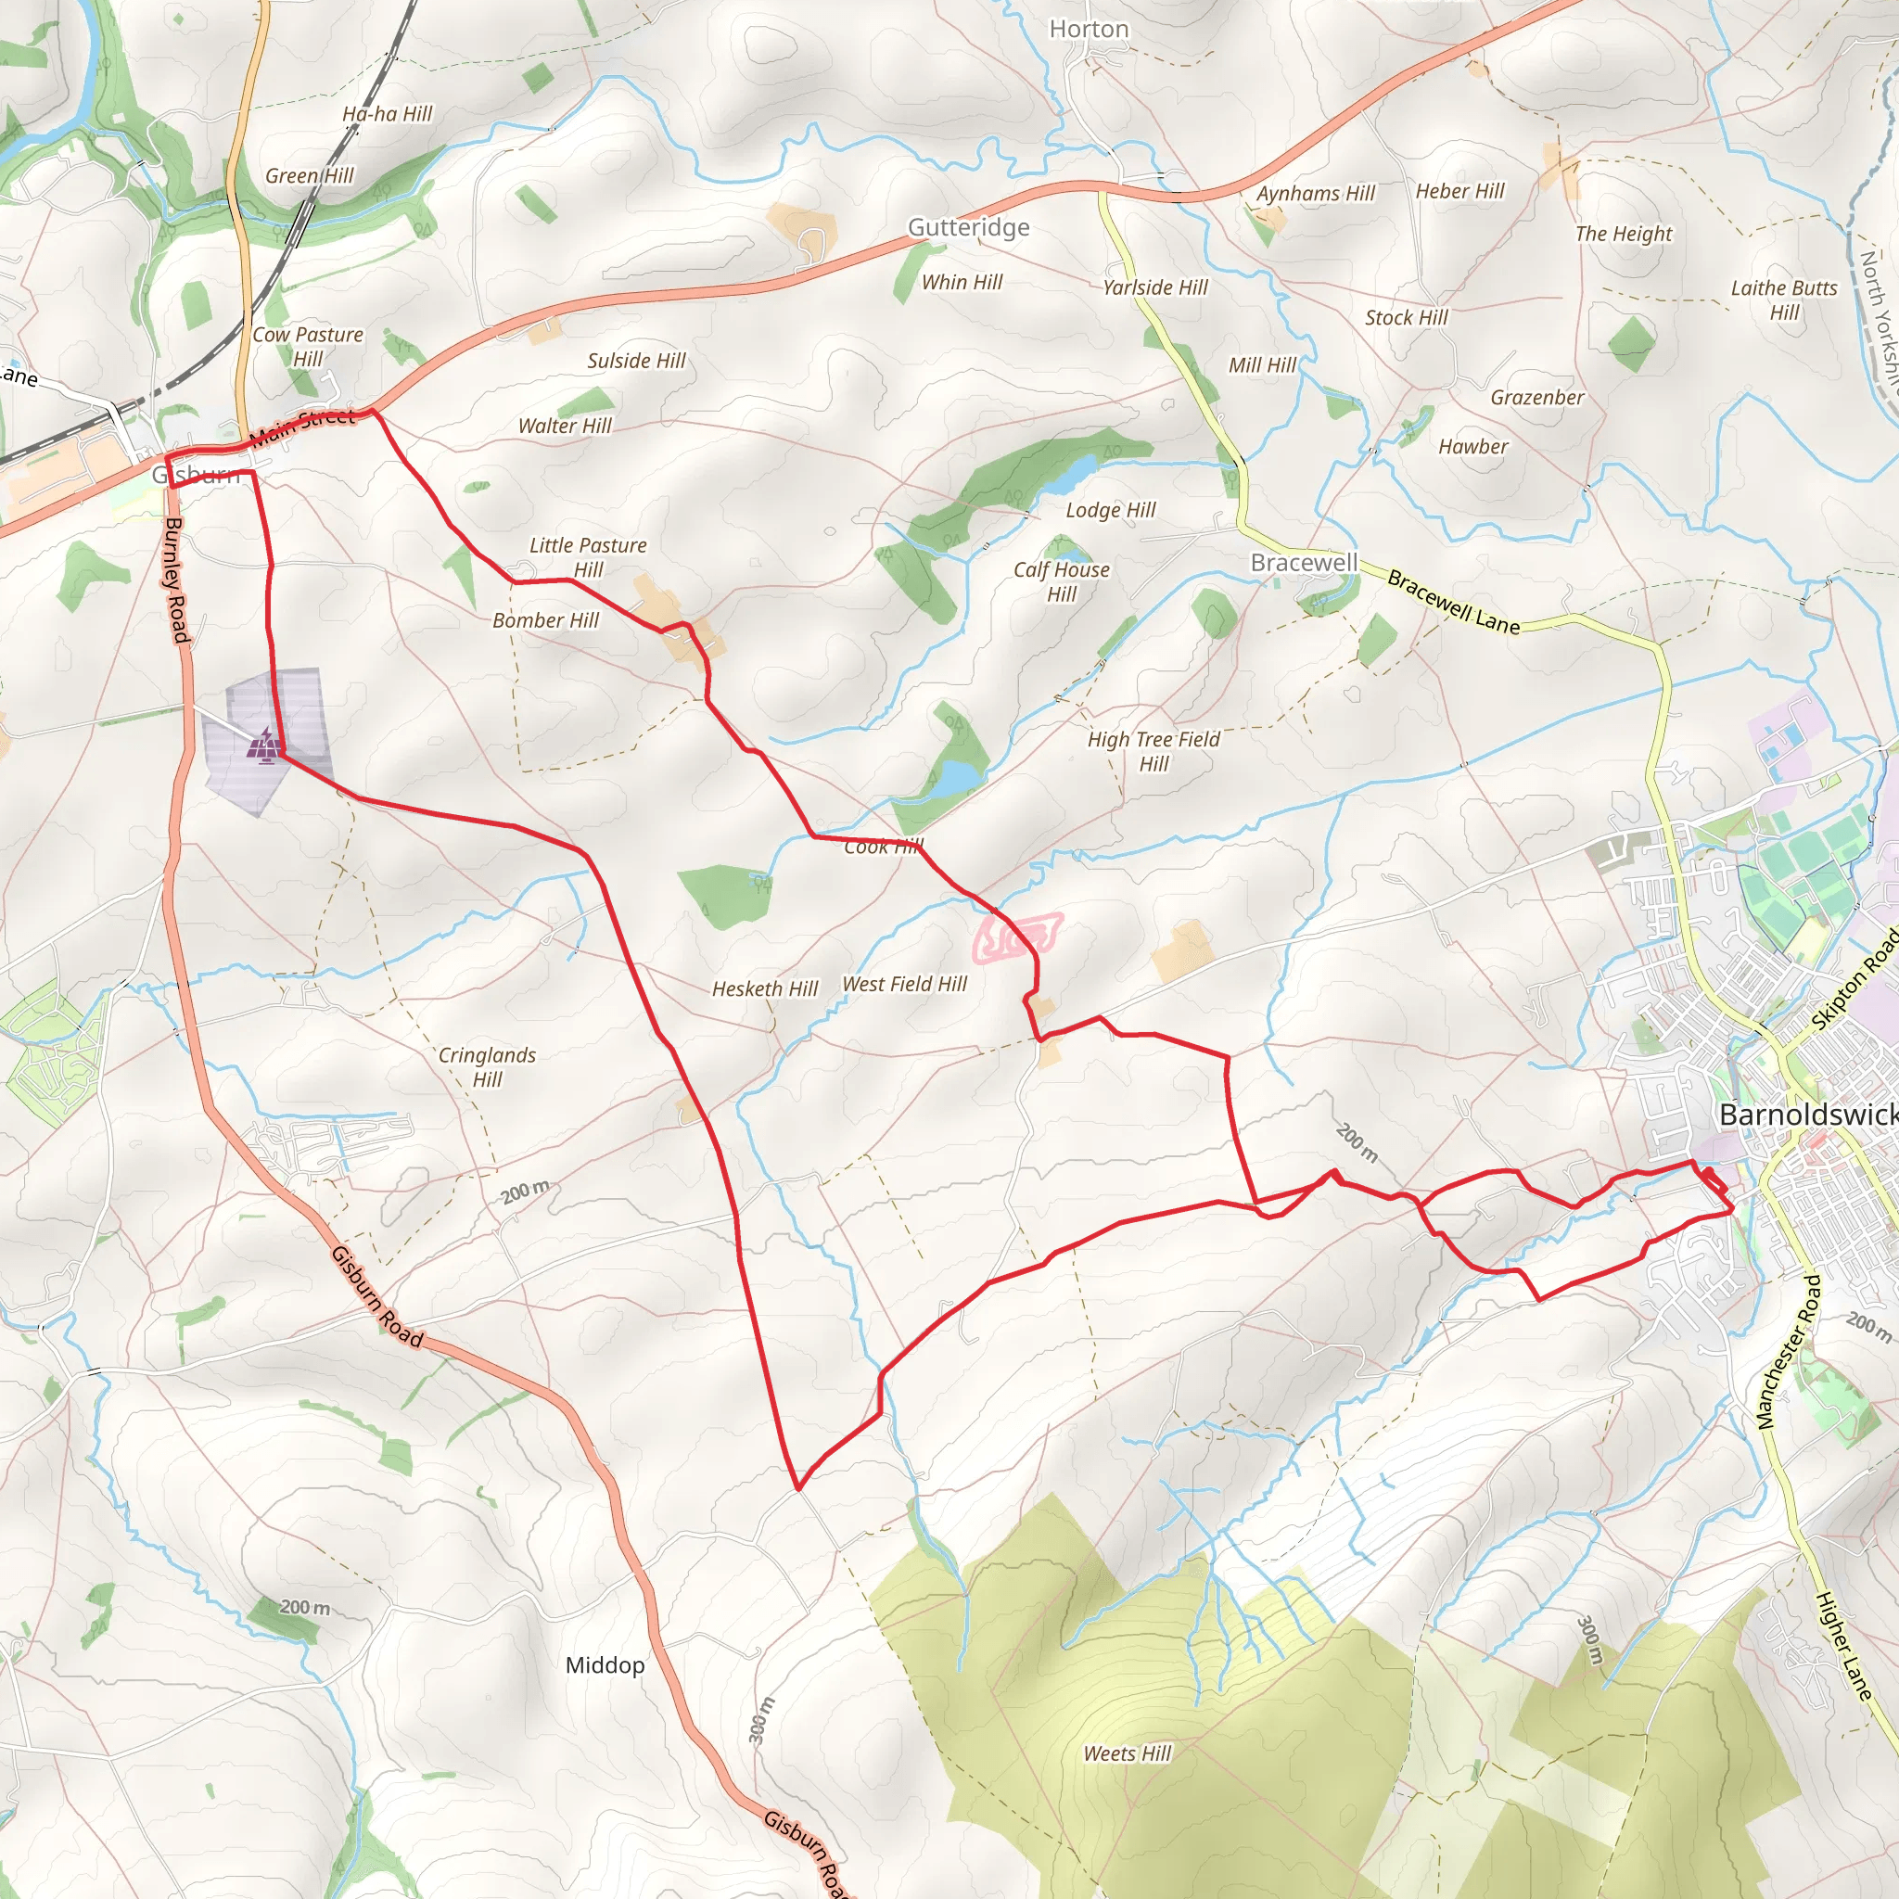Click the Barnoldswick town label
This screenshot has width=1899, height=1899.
click(x=1806, y=1115)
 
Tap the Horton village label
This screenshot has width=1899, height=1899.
click(x=1090, y=30)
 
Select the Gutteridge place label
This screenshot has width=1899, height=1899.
click(x=968, y=227)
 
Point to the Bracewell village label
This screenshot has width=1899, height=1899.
click(x=1304, y=562)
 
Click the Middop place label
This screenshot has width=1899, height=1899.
click(x=605, y=1665)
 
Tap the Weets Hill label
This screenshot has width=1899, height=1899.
click(x=1128, y=1753)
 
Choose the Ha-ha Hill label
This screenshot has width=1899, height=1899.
click(x=388, y=114)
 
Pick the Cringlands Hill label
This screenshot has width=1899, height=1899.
click(x=487, y=1066)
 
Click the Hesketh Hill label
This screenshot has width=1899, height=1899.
click(x=765, y=988)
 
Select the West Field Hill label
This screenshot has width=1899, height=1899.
click(x=904, y=984)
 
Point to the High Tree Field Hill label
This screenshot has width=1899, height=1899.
click(x=1153, y=751)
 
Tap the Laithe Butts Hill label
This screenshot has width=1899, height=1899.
click(x=1784, y=300)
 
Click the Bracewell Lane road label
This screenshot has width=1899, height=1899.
click(x=1453, y=602)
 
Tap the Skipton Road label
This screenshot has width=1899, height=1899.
click(x=1855, y=981)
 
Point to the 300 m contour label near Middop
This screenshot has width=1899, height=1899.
click(x=762, y=1720)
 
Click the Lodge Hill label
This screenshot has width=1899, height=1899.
click(x=1111, y=510)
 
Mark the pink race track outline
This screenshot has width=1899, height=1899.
click(x=1017, y=937)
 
